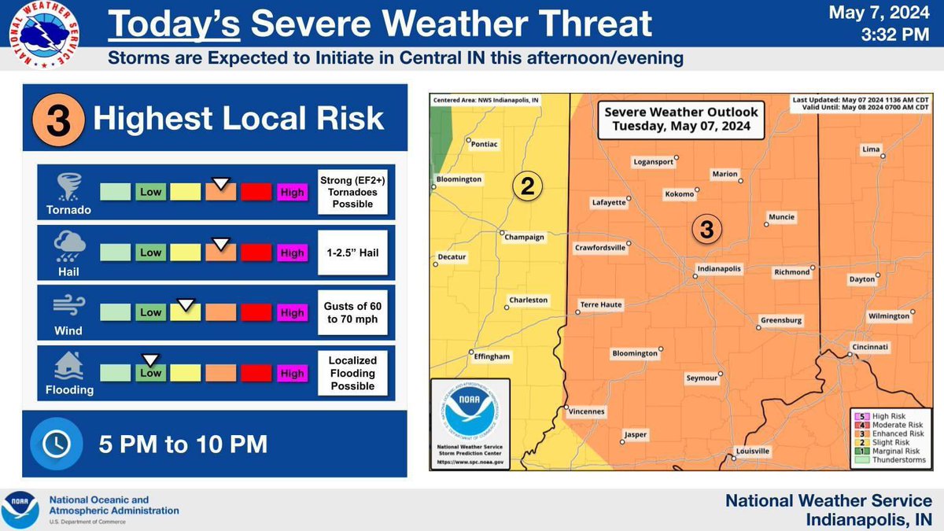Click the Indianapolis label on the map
point(719,269)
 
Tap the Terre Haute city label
point(601,304)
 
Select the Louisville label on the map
point(752,452)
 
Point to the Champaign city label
point(525,237)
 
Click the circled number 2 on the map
point(528,186)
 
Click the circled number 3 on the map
point(706,229)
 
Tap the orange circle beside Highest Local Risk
point(53,120)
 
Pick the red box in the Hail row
point(256,253)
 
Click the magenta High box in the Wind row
point(292,312)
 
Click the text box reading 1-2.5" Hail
point(352,253)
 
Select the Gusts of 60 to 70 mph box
point(352,313)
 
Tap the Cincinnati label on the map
point(869,347)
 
